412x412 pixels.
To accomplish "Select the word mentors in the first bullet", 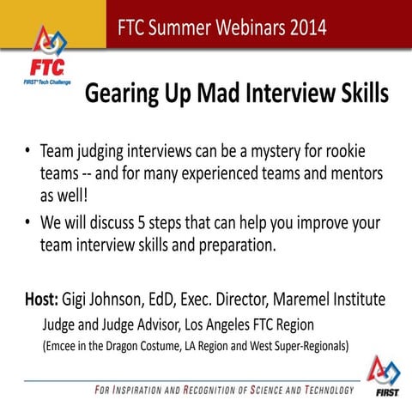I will tap(348, 173).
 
